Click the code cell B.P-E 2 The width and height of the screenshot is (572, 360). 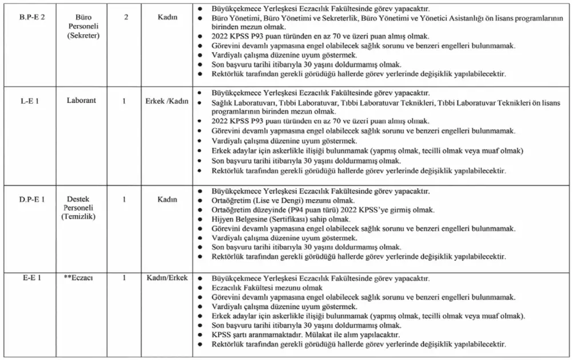pos(31,17)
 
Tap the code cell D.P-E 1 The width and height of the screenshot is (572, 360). pos(32,199)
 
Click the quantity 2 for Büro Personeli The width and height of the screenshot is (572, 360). pos(126,17)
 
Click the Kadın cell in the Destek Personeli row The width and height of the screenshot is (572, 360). pos(167,199)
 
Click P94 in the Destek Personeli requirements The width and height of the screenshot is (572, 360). pos(300,209)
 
